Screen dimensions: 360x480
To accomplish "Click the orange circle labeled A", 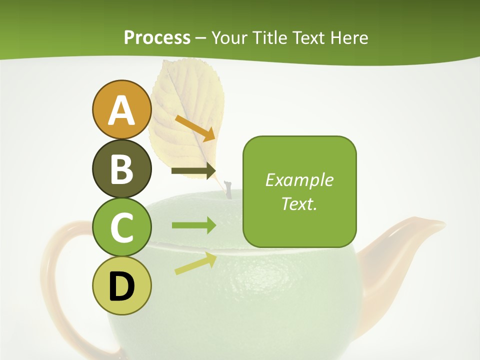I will coord(121,110).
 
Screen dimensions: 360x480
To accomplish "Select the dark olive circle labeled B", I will coord(121,169).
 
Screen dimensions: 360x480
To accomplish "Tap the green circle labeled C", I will coord(121,227).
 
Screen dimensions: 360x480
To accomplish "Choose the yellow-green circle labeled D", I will coord(121,286).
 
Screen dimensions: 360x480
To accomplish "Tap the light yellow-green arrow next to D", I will coord(195,263).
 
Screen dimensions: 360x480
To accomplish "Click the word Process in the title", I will coord(157,37).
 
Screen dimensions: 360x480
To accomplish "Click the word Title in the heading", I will coord(270,37).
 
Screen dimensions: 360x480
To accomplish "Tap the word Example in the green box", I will coord(299,180).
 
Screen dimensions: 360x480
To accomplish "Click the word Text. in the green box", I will coord(299,203).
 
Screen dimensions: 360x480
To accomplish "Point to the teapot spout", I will coord(410,240).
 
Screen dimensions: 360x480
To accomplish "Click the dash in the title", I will coord(201,38).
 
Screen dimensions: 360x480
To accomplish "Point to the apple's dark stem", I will coord(228,190).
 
